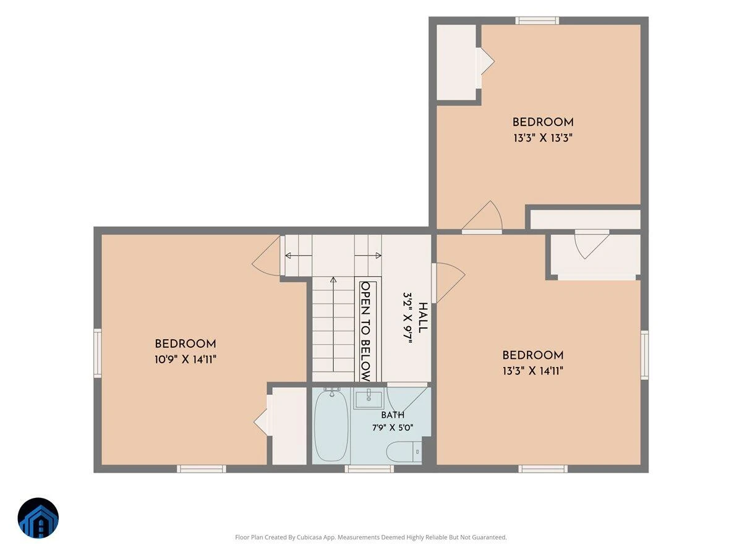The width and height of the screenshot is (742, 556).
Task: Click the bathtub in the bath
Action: (331, 426)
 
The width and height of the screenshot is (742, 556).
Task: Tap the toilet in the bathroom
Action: (404, 452)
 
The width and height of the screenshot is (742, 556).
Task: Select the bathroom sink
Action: (368, 398)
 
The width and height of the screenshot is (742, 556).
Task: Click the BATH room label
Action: (393, 415)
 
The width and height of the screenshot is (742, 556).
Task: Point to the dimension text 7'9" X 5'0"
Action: (393, 428)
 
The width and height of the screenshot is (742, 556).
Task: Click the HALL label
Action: (422, 318)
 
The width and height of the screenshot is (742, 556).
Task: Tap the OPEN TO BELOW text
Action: (366, 332)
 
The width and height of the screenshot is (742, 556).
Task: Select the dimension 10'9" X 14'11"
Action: (185, 360)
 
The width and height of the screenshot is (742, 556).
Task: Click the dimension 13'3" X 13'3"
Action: (543, 138)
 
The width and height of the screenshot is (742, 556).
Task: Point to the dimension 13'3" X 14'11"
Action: (533, 371)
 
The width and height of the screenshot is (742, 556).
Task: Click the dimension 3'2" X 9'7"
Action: (407, 318)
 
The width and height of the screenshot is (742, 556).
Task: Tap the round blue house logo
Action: (38, 518)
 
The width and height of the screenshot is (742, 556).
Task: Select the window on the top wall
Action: (537, 20)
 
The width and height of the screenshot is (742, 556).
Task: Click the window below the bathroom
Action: (369, 468)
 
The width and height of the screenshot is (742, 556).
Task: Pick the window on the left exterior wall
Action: (97, 353)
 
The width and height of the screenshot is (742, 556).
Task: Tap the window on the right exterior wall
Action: (645, 355)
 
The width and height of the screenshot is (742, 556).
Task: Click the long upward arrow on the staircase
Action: (333, 324)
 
